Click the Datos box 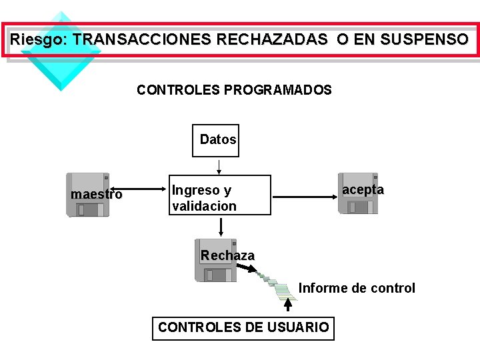pyautogui.click(x=215, y=140)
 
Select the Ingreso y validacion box pyautogui.click(x=220, y=195)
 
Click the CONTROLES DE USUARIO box pyautogui.click(x=243, y=327)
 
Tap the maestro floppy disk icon pyautogui.click(x=88, y=195)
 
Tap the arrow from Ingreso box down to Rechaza pyautogui.click(x=221, y=226)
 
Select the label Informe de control pyautogui.click(x=357, y=288)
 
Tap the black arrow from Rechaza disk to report pyautogui.click(x=249, y=269)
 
